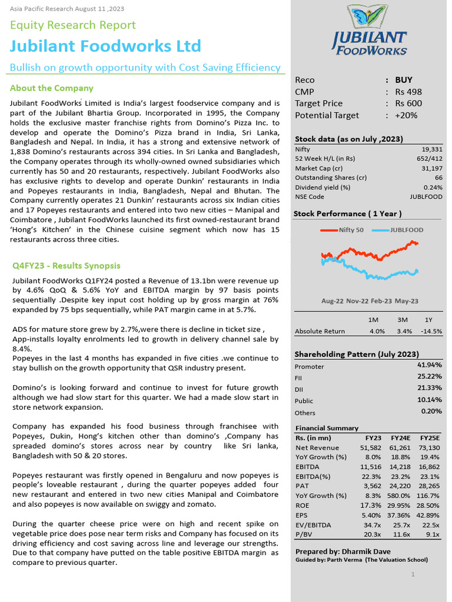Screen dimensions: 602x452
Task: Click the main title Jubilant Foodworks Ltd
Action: [x=105, y=46]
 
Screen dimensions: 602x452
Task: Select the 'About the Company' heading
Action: [x=52, y=88]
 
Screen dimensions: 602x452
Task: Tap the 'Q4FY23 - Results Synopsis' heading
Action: [x=67, y=266]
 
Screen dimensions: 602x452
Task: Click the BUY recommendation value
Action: [x=404, y=80]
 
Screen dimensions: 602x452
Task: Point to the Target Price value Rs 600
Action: [x=408, y=103]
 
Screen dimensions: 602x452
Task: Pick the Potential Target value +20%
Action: [x=406, y=115]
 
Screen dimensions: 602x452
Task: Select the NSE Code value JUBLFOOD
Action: [x=426, y=197]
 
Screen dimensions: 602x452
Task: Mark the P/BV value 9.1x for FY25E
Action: [x=433, y=534]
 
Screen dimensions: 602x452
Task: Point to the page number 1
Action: [x=413, y=574]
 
